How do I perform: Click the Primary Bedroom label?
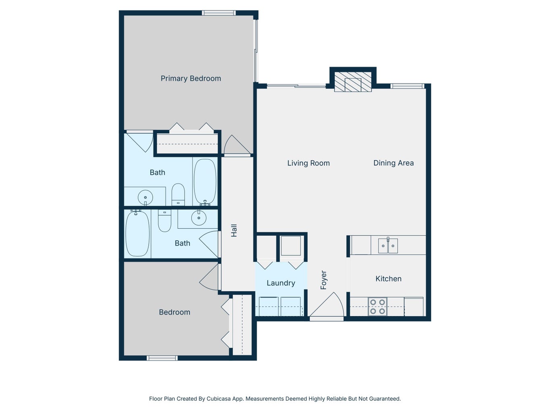click(x=191, y=79)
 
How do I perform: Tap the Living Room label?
click(x=309, y=163)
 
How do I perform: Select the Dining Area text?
click(x=393, y=163)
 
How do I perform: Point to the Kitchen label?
click(x=388, y=279)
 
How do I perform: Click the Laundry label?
click(x=280, y=283)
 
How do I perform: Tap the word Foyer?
click(x=324, y=280)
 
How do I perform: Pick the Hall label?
click(x=234, y=230)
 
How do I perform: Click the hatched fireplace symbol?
click(x=353, y=82)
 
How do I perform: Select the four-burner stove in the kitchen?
click(x=378, y=307)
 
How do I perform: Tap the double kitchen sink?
click(x=388, y=246)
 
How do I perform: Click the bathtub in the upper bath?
click(x=205, y=181)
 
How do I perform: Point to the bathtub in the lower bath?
click(x=137, y=234)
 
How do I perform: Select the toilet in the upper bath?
click(x=178, y=194)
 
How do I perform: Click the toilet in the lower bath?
click(x=164, y=221)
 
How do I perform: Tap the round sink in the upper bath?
click(x=145, y=197)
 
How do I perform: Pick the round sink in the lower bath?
click(x=199, y=218)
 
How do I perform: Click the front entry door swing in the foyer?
click(x=327, y=305)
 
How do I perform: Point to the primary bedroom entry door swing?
click(x=237, y=144)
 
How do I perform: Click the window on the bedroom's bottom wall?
click(x=162, y=358)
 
